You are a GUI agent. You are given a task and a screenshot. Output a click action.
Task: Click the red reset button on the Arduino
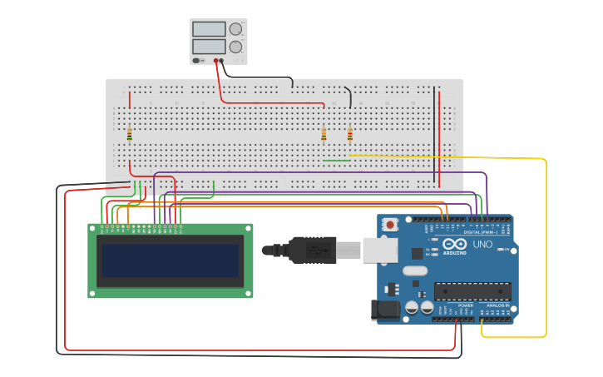[390, 225]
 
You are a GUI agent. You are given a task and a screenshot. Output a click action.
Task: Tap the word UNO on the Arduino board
[482, 245]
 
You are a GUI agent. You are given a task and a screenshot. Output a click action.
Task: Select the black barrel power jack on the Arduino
[383, 310]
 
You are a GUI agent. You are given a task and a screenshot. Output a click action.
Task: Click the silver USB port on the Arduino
[380, 249]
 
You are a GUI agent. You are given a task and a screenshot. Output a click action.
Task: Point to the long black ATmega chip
[472, 291]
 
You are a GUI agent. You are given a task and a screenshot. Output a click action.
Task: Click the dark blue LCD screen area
[171, 260]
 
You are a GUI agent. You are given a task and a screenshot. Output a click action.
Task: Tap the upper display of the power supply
[209, 29]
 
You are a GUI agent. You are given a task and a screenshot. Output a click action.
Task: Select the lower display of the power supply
[209, 47]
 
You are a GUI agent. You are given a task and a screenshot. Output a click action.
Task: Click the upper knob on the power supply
[236, 29]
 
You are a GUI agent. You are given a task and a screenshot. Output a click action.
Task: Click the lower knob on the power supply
[236, 47]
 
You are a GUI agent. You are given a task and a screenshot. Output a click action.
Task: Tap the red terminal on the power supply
[216, 60]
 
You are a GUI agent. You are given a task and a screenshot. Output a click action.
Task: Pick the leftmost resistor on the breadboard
[130, 133]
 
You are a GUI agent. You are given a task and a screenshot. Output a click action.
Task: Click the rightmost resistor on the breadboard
[350, 133]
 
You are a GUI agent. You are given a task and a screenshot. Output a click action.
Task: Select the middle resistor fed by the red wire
[324, 133]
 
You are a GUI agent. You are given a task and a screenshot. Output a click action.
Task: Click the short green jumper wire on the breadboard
[336, 161]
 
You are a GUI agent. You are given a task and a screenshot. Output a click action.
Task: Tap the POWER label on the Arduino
[465, 305]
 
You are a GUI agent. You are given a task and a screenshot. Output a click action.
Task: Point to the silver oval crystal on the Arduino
[418, 270]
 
